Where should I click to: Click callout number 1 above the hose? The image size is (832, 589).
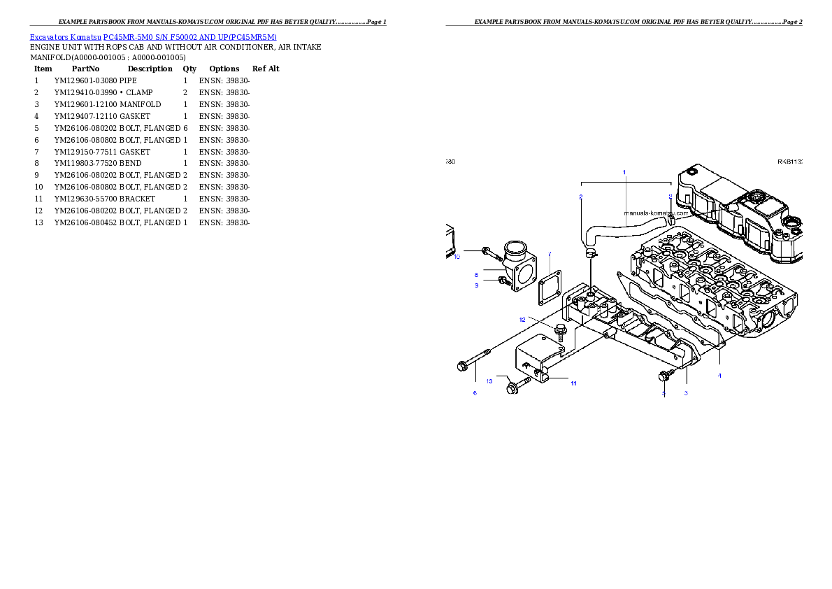624,171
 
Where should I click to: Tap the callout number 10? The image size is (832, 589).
457,257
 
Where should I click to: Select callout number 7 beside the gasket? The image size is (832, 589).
550,254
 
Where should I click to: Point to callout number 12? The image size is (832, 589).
522,319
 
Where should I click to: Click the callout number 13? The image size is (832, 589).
489,381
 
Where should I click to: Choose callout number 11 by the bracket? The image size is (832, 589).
573,383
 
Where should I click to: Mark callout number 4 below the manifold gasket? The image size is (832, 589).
719,376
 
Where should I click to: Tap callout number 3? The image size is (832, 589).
686,393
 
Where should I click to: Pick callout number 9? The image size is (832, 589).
477,285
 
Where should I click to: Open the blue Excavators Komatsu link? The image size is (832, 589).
153,37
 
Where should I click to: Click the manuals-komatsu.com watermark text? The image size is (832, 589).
656,213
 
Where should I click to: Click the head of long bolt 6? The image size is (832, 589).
462,365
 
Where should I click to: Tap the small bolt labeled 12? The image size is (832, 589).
559,331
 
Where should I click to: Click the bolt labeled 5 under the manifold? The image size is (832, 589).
665,376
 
